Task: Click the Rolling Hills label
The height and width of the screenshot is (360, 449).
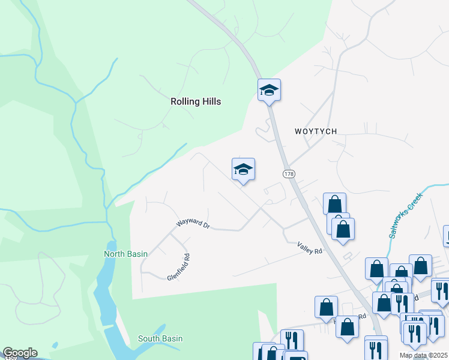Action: pos(195,101)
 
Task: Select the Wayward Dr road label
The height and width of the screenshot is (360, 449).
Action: pos(193,225)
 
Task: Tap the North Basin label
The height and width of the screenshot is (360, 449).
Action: pos(125,254)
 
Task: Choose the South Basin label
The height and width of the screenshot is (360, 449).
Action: pos(160,338)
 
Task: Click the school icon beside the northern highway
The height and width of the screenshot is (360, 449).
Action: pos(269,91)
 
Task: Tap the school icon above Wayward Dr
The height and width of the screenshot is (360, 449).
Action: pos(243,169)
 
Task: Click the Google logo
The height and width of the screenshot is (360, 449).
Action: pos(19,353)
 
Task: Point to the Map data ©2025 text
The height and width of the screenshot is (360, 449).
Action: pos(423,355)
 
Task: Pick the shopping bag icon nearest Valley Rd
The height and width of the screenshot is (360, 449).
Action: pos(343,229)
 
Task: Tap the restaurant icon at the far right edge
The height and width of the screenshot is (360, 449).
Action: pos(440,292)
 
